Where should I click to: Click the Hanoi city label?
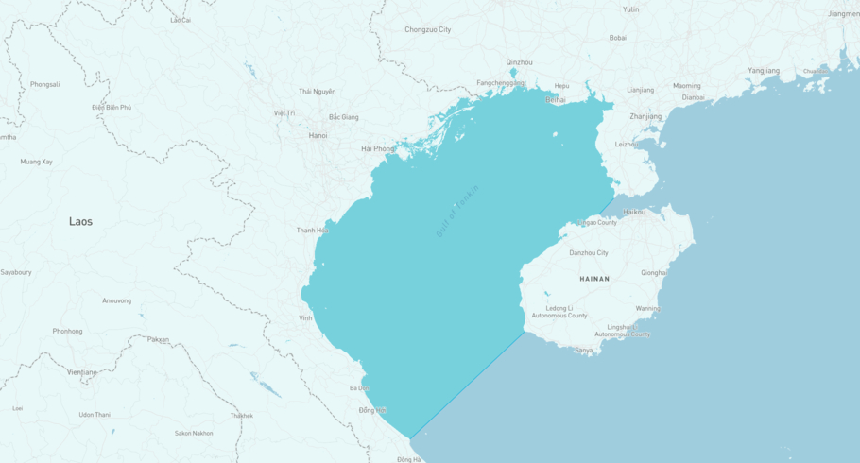click(x=318, y=135)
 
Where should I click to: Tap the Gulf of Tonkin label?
click(x=457, y=210)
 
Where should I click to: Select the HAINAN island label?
click(x=594, y=279)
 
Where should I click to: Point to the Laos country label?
click(x=80, y=221)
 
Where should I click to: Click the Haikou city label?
click(x=634, y=212)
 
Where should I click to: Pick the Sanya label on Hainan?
click(x=584, y=350)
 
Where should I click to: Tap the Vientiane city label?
click(x=81, y=372)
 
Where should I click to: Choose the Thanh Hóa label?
click(x=312, y=230)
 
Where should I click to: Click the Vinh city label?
click(x=305, y=317)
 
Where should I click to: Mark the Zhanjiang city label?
click(x=645, y=116)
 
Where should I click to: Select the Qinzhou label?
click(x=519, y=62)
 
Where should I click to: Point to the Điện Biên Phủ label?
click(x=112, y=108)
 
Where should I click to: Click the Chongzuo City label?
click(x=428, y=29)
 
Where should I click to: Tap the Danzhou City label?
click(x=589, y=252)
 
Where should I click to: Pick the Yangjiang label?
click(x=764, y=70)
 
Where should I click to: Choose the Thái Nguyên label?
click(x=318, y=91)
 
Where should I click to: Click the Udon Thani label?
click(x=95, y=414)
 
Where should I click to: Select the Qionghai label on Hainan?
click(x=653, y=272)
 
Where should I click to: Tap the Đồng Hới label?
click(x=372, y=410)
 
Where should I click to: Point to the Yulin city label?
click(x=631, y=9)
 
